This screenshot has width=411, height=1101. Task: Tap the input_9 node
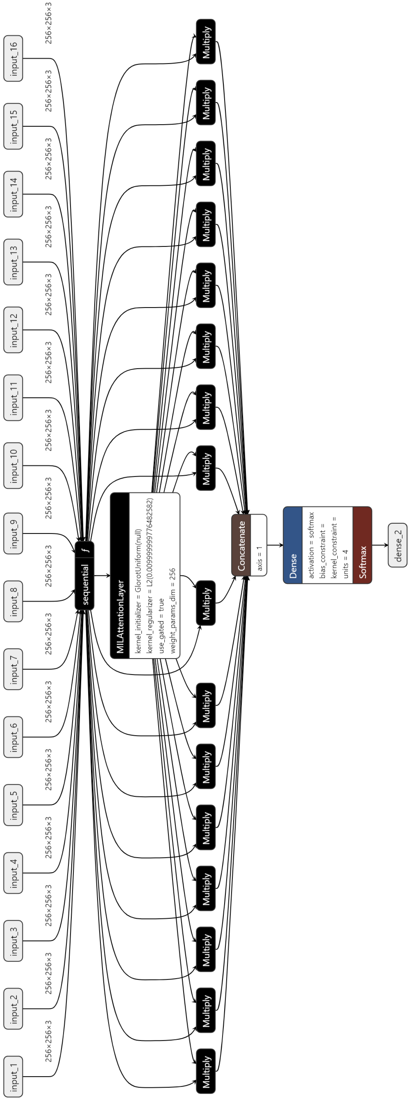[x=13, y=533]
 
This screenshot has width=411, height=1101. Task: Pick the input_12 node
[x=13, y=330]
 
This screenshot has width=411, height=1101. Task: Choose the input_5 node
[x=13, y=805]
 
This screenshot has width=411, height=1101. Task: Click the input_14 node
[x=13, y=194]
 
